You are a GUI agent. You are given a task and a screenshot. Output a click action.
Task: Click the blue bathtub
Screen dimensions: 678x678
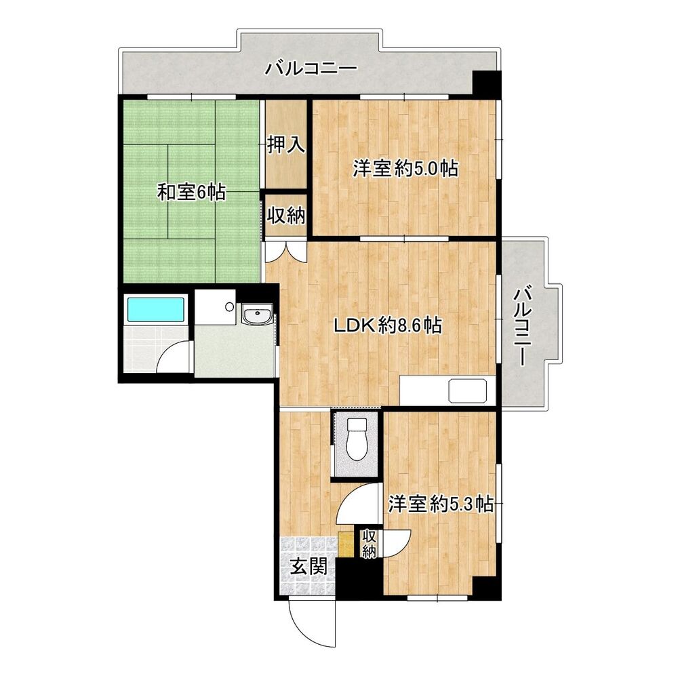click(156, 309)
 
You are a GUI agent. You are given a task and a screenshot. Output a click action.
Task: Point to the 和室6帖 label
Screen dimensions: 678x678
click(191, 192)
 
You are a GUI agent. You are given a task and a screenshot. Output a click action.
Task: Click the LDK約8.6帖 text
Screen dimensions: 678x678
click(388, 325)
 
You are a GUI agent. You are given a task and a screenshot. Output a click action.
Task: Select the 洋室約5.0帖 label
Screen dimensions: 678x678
click(405, 168)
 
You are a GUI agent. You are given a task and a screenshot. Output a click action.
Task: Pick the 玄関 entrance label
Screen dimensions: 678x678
click(308, 566)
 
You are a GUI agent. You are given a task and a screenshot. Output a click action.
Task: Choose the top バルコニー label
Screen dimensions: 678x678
click(311, 68)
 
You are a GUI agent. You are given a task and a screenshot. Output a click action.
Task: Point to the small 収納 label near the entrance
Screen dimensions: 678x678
click(368, 544)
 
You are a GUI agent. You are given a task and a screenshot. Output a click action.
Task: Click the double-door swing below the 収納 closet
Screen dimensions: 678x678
click(286, 252)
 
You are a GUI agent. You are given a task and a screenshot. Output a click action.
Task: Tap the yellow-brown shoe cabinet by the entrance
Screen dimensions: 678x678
click(346, 544)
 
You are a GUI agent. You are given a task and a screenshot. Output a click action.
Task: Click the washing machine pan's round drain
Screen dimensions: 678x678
click(230, 306)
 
